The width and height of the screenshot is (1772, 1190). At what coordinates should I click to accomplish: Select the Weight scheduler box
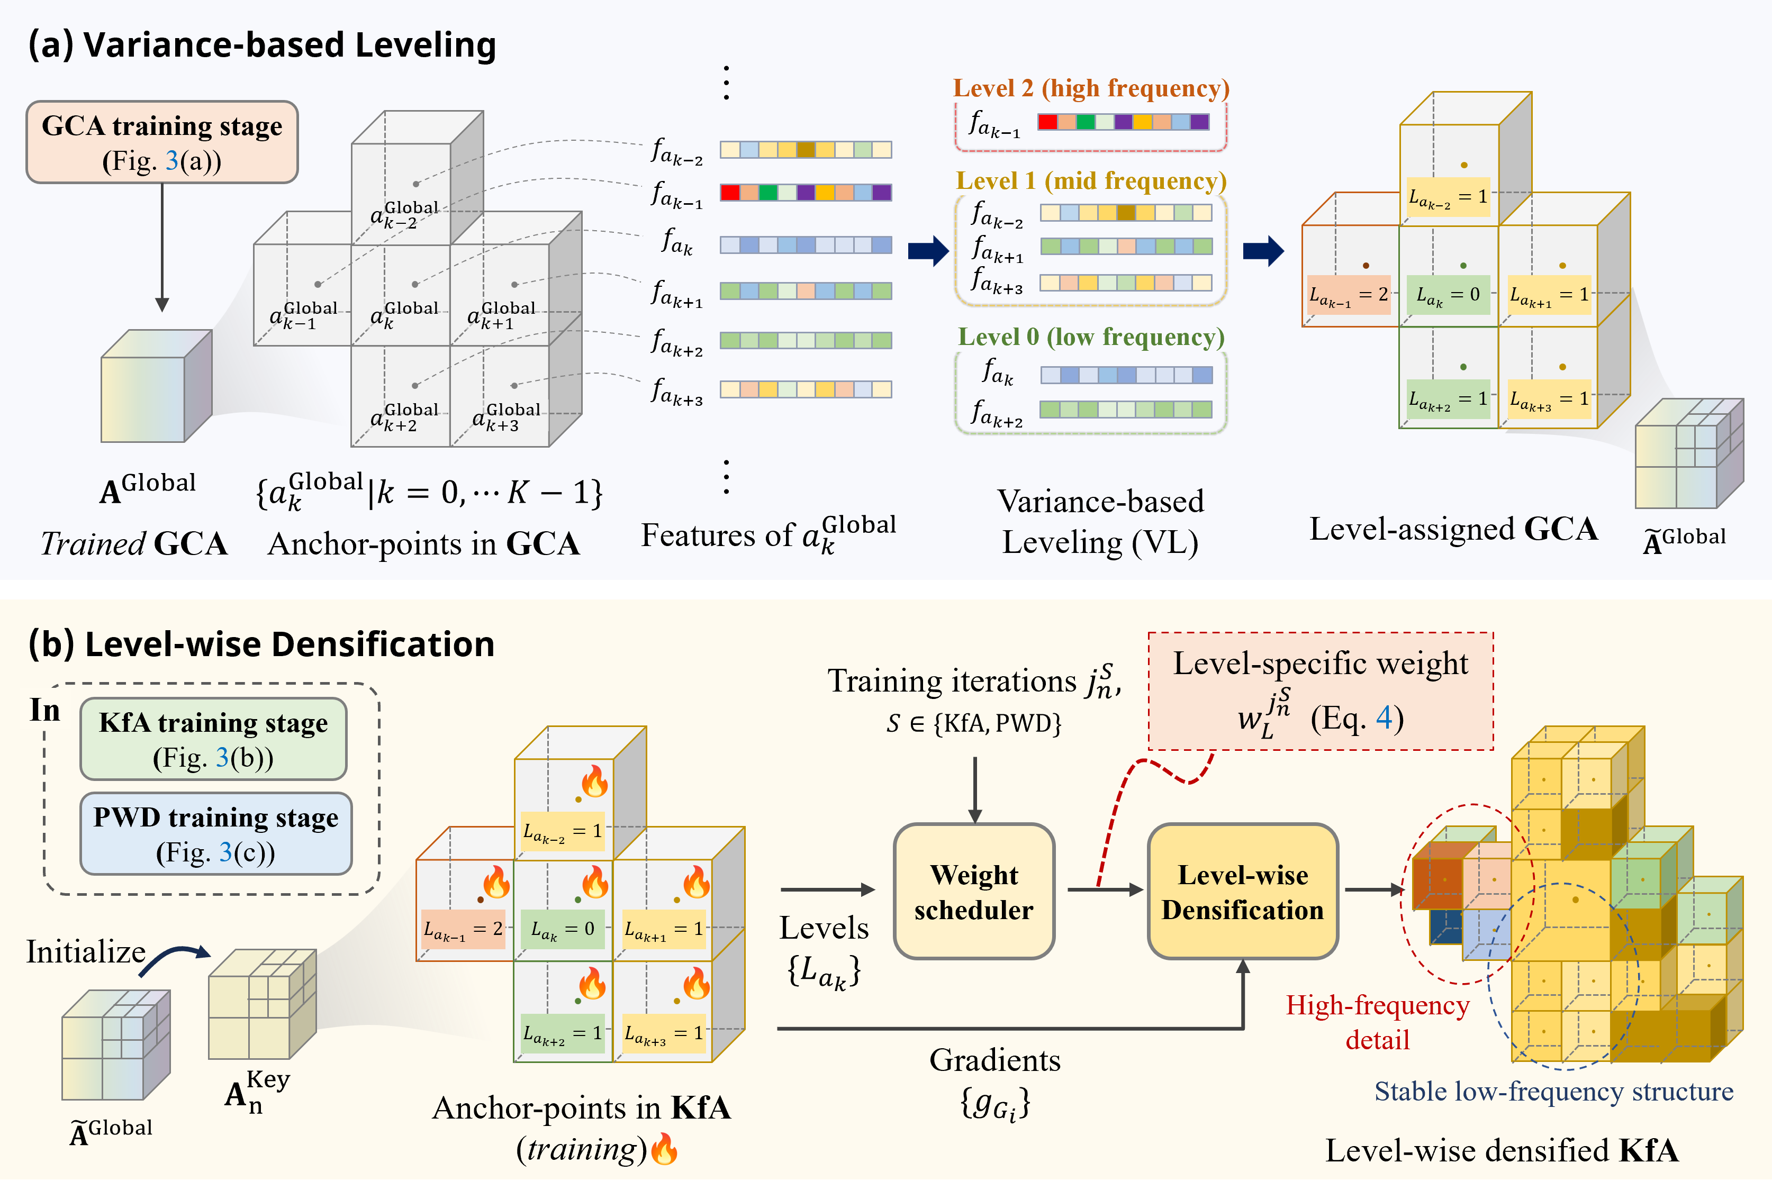(974, 892)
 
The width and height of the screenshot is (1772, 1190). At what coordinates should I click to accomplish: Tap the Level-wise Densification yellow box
(1242, 892)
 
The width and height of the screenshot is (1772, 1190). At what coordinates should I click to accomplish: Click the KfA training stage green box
(213, 739)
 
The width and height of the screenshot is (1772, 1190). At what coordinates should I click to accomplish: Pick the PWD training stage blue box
(215, 834)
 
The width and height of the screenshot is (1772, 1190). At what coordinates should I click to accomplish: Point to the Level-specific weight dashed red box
(1321, 691)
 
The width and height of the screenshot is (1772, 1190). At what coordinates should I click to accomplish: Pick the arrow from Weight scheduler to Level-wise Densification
(1105, 889)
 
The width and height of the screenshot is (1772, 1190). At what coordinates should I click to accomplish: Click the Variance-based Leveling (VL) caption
(1100, 522)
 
